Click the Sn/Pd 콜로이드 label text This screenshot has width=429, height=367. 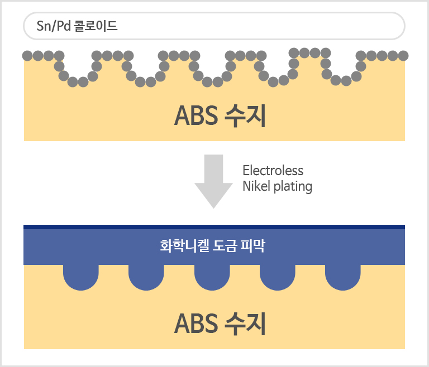[x=77, y=26]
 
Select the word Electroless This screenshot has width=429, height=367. [x=273, y=170]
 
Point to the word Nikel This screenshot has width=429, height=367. [x=256, y=186]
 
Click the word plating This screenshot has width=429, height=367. [x=293, y=187]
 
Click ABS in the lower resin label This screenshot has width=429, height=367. [x=196, y=323]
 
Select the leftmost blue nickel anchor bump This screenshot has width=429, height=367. [x=81, y=276]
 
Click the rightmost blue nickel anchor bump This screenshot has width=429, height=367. [x=342, y=276]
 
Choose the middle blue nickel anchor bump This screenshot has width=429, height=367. [x=212, y=276]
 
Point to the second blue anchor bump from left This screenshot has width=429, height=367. [x=146, y=276]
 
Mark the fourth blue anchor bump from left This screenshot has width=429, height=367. [x=277, y=276]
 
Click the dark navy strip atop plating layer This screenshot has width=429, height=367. [x=214, y=227]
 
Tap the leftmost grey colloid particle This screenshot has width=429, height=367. [x=27, y=56]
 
